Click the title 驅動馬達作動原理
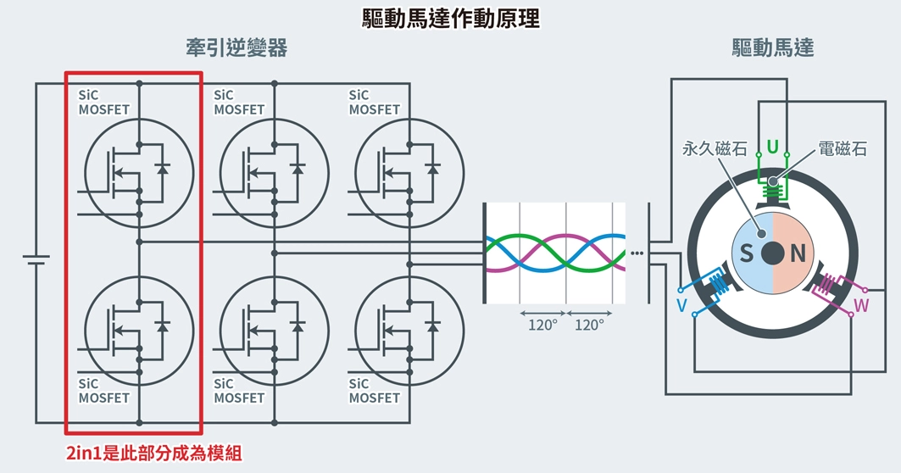[x=450, y=18]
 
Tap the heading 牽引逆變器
[x=236, y=48]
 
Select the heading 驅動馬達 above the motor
[x=772, y=48]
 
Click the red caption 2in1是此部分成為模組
[x=153, y=454]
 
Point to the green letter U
[x=772, y=147]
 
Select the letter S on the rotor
[x=747, y=253]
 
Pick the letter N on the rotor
[x=797, y=253]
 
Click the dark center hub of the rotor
[x=772, y=253]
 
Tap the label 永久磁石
[x=715, y=149]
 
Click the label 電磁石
[x=843, y=149]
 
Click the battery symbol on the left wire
[x=36, y=259]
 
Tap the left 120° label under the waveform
[x=542, y=325]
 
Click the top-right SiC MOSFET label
[x=374, y=103]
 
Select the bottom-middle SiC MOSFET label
[x=239, y=391]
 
